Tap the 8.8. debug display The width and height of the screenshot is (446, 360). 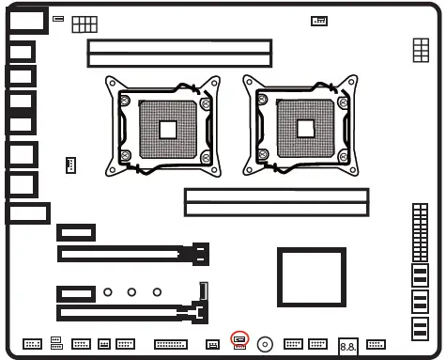click(x=347, y=347)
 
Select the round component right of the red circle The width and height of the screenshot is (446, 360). click(x=267, y=344)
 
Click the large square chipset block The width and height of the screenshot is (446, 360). click(x=312, y=276)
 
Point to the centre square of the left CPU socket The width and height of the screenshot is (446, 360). click(x=169, y=129)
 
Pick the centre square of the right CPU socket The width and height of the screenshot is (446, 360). click(x=304, y=129)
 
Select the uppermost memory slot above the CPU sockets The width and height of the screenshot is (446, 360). click(x=179, y=46)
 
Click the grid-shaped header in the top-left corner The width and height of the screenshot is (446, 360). click(x=84, y=23)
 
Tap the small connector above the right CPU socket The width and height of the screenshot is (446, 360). click(x=319, y=21)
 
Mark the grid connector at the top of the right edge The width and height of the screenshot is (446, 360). click(x=421, y=52)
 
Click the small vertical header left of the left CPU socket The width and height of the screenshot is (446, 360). click(x=69, y=165)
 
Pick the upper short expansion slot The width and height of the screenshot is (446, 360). click(x=76, y=231)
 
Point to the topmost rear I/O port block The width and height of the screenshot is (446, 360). click(x=27, y=22)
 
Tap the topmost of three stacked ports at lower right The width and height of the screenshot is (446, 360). click(x=420, y=275)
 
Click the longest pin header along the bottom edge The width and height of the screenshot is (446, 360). click(x=170, y=344)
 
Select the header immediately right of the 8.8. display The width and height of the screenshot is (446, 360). click(x=377, y=344)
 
